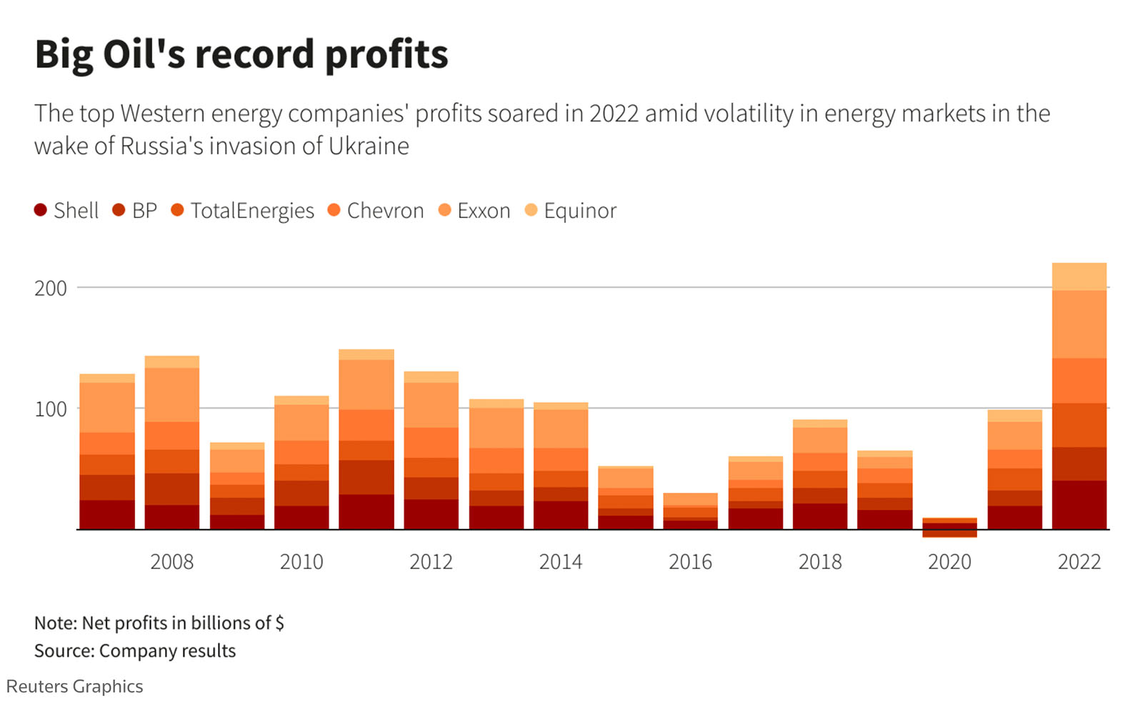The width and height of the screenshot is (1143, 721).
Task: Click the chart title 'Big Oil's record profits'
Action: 241,54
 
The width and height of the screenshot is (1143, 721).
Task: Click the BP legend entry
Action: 135,211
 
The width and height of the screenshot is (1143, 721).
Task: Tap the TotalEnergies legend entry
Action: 243,211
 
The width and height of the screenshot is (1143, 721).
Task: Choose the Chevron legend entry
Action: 376,211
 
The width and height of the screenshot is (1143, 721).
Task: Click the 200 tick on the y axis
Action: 51,289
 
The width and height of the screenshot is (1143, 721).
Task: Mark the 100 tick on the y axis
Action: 51,409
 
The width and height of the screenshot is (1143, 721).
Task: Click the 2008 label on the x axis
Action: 171,562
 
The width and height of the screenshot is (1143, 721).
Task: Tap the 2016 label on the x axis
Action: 690,562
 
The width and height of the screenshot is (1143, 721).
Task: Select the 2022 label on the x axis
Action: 1079,562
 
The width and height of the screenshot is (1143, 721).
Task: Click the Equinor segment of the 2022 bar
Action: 1079,277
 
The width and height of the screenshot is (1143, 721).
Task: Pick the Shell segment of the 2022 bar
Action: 1079,504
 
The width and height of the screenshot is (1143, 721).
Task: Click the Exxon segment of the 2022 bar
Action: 1079,324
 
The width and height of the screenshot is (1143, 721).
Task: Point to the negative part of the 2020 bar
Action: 949,534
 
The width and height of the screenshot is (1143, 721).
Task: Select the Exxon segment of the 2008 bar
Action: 171,394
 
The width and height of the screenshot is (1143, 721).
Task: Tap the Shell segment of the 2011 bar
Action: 366,512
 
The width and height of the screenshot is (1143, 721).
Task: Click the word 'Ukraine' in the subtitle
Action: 369,146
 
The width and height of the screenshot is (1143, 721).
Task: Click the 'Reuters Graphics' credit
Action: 74,687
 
